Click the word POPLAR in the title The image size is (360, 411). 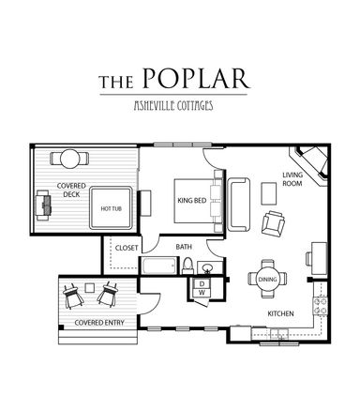(x=196, y=78)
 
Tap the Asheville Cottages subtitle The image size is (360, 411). (x=173, y=106)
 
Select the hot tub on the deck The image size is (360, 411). (x=111, y=208)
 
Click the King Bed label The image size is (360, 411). (x=192, y=201)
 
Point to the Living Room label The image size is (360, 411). (x=292, y=179)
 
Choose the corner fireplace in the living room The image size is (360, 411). (x=309, y=165)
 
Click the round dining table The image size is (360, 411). (x=268, y=279)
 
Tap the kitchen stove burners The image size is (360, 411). (x=321, y=306)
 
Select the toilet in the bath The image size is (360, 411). (x=188, y=266)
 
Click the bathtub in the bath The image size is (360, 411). (x=158, y=266)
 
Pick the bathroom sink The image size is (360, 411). (x=207, y=268)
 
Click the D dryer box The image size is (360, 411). (x=202, y=283)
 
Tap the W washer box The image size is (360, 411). (x=202, y=293)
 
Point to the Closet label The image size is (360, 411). (x=127, y=248)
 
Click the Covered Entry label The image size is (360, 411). (x=99, y=323)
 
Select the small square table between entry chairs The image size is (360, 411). (x=90, y=287)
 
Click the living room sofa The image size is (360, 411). (x=239, y=205)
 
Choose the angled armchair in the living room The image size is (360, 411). (x=273, y=223)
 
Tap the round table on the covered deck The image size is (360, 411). (x=69, y=159)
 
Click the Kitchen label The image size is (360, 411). (x=280, y=313)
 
